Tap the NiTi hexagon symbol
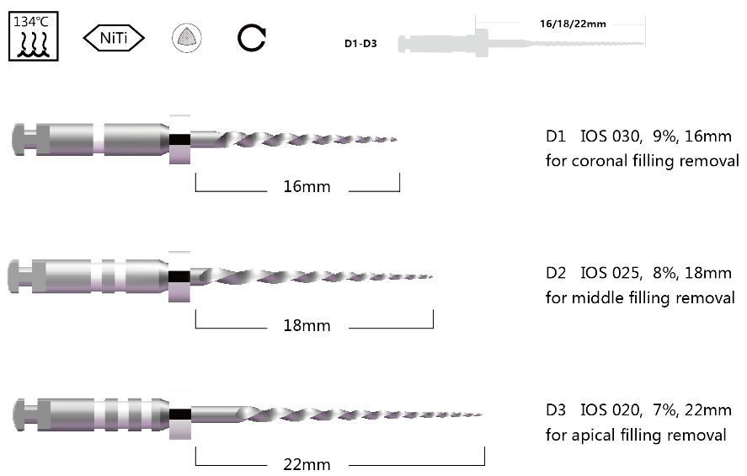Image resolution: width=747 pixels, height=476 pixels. click(114, 37)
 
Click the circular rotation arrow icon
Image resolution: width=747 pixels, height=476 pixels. click(252, 37)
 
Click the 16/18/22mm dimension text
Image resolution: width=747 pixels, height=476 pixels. click(573, 24)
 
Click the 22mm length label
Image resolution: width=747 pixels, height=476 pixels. click(307, 464)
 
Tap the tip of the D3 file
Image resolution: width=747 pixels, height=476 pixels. click(482, 414)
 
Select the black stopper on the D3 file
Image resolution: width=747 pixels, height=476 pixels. click(179, 414)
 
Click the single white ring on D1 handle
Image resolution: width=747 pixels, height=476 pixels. click(99, 137)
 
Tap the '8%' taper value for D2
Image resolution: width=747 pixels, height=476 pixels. click(663, 274)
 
